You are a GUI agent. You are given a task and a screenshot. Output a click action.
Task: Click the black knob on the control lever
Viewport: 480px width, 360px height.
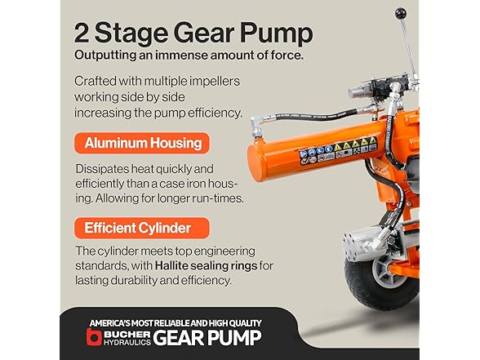pos(400,13)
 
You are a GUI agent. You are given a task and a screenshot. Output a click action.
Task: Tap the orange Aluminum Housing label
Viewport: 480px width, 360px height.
pos(142,143)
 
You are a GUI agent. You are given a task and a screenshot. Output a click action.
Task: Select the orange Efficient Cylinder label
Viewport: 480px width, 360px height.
pos(142,228)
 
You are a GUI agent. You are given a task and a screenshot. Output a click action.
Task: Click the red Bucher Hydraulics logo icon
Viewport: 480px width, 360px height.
pos(93,336)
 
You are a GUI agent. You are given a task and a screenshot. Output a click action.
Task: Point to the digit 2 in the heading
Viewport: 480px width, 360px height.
pos(82,33)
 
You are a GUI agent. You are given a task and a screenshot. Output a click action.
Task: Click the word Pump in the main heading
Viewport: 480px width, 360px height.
pos(277,33)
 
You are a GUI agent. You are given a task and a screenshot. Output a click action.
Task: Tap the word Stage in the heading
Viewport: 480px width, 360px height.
pos(131,34)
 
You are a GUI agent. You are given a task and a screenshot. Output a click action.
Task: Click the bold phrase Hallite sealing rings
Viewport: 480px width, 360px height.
pos(206,265)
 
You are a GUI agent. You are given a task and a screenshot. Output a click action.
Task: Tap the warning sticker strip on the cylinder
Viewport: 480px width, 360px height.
pos(338,150)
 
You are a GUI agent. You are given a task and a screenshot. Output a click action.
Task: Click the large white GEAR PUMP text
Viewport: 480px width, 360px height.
pos(207,338)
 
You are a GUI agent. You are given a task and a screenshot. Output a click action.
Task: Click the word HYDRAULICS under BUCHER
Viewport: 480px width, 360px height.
pos(127,342)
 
